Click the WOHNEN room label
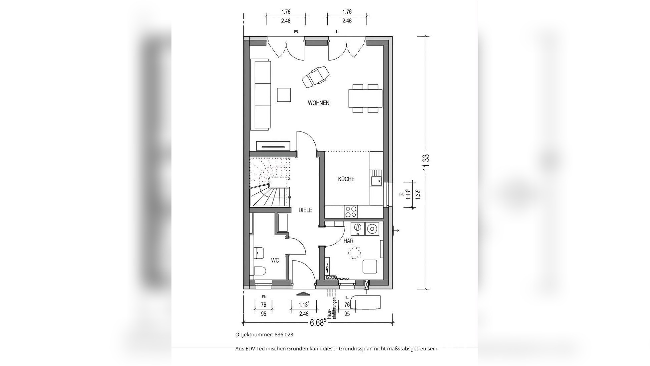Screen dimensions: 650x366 pyautogui.click(x=318, y=103)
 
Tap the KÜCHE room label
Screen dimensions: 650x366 pyautogui.click(x=346, y=179)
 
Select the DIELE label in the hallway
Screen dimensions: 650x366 pyautogui.click(x=305, y=210)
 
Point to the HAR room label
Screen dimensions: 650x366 pyautogui.click(x=348, y=241)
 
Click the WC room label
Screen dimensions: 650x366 pyautogui.click(x=275, y=260)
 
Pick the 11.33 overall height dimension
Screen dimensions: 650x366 pyautogui.click(x=426, y=162)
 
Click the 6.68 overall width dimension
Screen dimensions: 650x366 pyautogui.click(x=317, y=323)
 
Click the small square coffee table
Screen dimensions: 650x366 pyautogui.click(x=284, y=94)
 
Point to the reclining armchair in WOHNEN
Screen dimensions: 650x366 pyautogui.click(x=315, y=77)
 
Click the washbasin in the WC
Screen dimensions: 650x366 pyautogui.click(x=259, y=253)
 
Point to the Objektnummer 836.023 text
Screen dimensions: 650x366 pyautogui.click(x=264, y=335)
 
